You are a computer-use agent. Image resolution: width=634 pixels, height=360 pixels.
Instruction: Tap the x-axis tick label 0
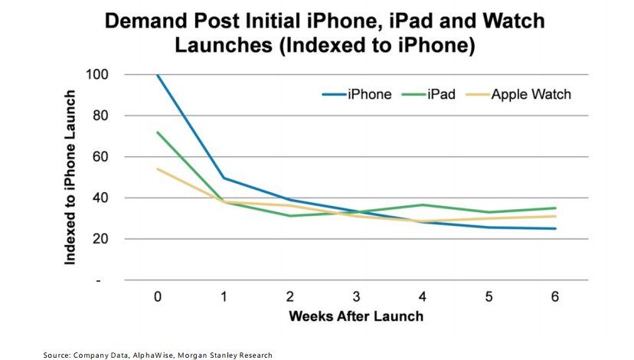click(x=158, y=296)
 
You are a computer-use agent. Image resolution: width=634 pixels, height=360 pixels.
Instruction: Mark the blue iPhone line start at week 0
click(x=158, y=75)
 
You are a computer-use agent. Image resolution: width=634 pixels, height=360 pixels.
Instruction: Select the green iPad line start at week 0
click(x=158, y=133)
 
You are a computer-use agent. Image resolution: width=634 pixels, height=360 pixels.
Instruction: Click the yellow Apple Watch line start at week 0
click(x=158, y=169)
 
